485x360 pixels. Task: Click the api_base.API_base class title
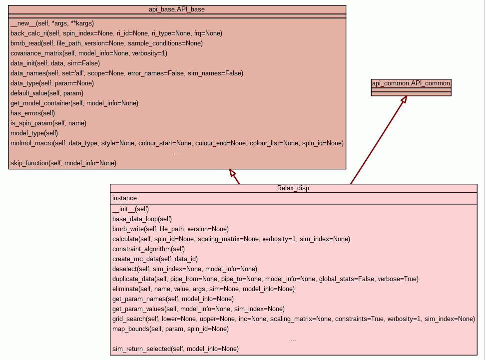pos(177,9)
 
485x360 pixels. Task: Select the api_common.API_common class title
pos(411,83)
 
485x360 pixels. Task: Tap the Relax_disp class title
pos(293,188)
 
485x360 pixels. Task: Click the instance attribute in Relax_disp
pos(124,198)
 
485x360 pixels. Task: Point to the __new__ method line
pos(52,23)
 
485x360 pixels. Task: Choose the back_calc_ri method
pos(116,33)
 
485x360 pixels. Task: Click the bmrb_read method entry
pos(106,43)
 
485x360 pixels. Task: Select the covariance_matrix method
pos(89,53)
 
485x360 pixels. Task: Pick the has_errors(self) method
pos(32,113)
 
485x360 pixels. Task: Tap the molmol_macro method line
pos(177,143)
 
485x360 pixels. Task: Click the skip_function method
pos(63,163)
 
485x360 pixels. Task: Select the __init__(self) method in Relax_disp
pos(130,209)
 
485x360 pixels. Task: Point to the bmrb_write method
pos(170,229)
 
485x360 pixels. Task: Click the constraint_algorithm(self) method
pos(148,249)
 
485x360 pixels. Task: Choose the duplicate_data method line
pos(265,279)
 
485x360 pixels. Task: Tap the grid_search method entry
pos(293,319)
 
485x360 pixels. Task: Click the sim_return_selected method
pos(175,349)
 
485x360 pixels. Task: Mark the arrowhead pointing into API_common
pos(404,99)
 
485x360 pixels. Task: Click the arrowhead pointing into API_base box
pos(232,173)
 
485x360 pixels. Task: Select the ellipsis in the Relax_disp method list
pos(293,340)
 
